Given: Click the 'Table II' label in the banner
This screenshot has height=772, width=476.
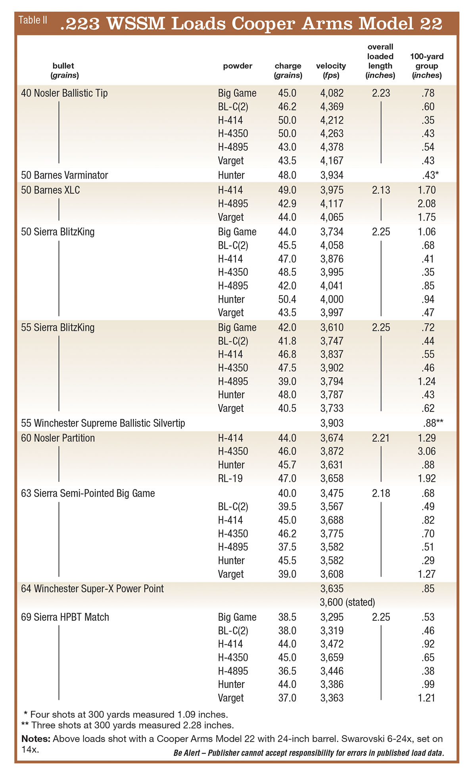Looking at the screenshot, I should (x=33, y=20).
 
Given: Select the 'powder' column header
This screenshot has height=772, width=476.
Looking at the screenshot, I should (x=237, y=66).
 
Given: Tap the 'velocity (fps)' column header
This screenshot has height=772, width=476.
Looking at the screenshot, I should (x=331, y=71).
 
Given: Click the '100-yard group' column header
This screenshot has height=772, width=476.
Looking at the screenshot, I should (x=427, y=66).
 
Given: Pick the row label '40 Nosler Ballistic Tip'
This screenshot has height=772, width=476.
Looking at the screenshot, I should (x=64, y=93).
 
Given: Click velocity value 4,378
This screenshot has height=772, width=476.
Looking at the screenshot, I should (x=332, y=147).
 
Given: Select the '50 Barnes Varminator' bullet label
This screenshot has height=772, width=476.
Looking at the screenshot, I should (x=64, y=175).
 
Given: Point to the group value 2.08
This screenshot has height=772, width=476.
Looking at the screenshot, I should (x=426, y=204).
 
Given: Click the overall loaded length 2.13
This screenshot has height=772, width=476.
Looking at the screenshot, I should (x=381, y=190).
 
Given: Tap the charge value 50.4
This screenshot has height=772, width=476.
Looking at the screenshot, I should (x=287, y=299).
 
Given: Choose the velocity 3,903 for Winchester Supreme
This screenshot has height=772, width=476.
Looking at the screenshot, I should (x=332, y=423).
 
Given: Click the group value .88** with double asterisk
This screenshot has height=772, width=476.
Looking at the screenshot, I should (x=433, y=423).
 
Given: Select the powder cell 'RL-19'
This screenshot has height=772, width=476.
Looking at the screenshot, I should (x=230, y=478).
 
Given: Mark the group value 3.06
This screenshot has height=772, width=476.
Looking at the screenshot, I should (x=426, y=451).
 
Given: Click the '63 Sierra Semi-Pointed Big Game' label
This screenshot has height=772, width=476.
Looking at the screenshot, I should (x=88, y=493).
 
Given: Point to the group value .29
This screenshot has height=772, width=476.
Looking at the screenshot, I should (x=428, y=560).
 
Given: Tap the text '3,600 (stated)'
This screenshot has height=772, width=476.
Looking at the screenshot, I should (x=347, y=602).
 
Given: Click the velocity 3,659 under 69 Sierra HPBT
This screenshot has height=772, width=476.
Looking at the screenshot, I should (x=332, y=657).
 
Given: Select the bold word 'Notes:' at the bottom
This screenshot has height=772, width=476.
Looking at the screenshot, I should (x=36, y=739).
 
